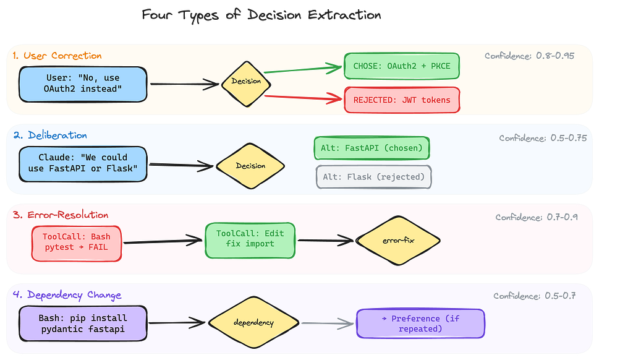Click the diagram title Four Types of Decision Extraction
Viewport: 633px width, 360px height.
coord(261,15)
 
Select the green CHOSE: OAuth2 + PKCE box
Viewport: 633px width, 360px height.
coord(402,66)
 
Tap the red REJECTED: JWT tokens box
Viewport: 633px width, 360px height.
coord(402,100)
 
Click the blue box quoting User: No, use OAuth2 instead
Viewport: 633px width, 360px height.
coord(83,84)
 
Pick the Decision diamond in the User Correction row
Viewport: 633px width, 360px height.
coord(246,84)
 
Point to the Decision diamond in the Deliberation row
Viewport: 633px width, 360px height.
coord(250,166)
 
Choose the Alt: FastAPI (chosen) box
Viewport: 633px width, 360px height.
coord(372,148)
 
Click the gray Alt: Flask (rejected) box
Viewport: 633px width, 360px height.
coord(374,177)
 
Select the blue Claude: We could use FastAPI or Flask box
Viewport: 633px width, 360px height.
coord(83,164)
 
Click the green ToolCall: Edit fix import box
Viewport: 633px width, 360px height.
coord(250,241)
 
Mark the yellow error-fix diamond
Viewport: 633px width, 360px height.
coord(398,241)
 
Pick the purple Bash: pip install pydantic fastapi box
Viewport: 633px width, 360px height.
coord(83,324)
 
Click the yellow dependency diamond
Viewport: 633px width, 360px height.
coord(253,322)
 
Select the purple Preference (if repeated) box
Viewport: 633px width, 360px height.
coord(420,324)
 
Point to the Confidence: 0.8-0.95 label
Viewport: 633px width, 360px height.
coord(529,56)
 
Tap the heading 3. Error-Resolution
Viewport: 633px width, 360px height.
coord(61,215)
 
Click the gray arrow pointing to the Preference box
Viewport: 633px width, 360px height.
coord(328,324)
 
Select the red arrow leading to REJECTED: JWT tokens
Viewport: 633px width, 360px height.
coord(303,97)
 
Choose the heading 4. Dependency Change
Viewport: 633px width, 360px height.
coord(67,295)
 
